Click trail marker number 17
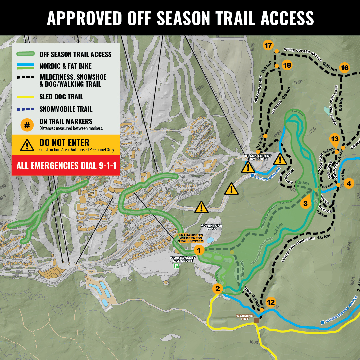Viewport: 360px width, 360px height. tap(268, 45)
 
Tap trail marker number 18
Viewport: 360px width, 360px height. tap(287, 65)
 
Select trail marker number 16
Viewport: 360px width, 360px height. tap(344, 68)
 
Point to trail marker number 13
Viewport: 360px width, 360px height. tap(334, 139)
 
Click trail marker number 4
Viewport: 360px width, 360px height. tap(349, 183)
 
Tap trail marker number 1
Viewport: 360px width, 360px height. tap(199, 250)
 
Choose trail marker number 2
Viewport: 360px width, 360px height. tap(218, 289)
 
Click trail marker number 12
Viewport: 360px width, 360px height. tap(271, 302)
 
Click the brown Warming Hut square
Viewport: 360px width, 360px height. tap(256, 320)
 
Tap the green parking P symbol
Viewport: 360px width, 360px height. tap(176, 266)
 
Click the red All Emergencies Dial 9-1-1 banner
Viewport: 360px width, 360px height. tap(66, 165)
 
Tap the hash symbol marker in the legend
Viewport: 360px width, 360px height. tap(27, 125)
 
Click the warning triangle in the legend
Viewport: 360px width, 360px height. tap(27, 145)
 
